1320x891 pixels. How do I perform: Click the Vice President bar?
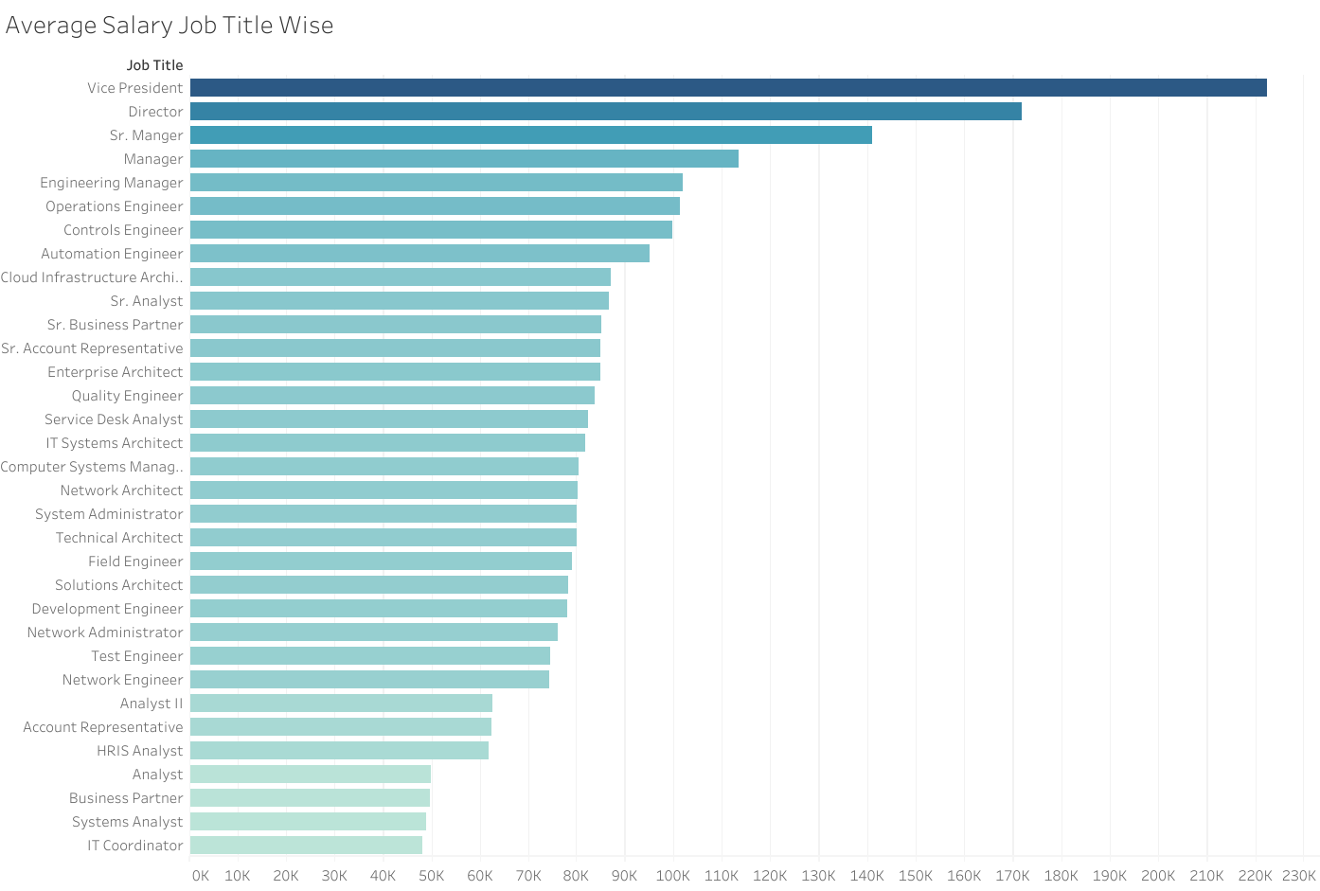pos(728,88)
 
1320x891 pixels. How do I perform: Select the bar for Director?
pos(606,112)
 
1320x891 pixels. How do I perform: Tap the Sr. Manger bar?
pos(530,135)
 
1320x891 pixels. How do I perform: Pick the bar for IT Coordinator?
pos(306,846)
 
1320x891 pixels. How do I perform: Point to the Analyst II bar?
pos(341,704)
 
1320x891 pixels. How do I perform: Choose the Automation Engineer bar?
pos(419,254)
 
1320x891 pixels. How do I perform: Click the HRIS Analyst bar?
pos(339,751)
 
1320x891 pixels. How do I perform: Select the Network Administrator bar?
pos(374,633)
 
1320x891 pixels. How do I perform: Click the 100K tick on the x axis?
pos(673,876)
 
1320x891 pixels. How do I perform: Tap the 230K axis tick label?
pos(1299,876)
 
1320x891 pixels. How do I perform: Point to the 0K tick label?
pos(200,876)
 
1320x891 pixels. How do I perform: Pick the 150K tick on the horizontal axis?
pos(916,876)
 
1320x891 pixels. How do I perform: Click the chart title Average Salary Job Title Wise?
pos(169,26)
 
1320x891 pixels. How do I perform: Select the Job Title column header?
pos(154,65)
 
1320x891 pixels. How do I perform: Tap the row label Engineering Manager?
pos(111,183)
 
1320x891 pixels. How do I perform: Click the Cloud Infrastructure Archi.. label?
pos(92,277)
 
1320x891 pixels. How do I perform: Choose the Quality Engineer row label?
pos(127,396)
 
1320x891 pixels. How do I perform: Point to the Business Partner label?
pos(126,798)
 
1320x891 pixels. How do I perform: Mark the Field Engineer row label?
pos(135,561)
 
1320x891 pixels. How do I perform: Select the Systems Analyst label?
pos(127,822)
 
